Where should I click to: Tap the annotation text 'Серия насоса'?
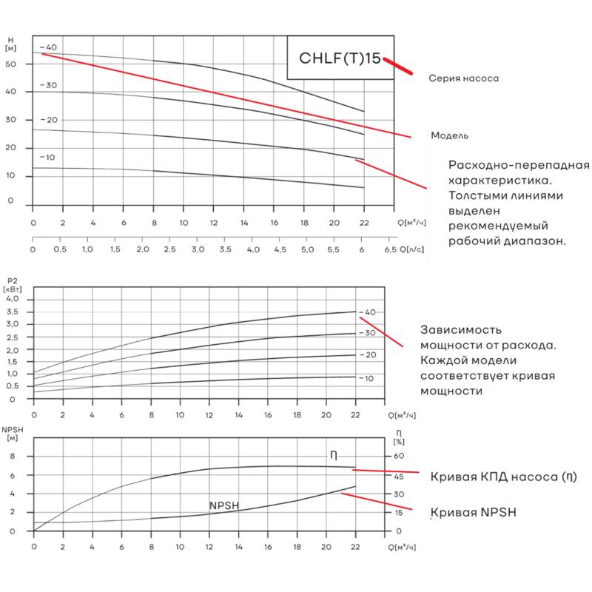pyautogui.click(x=464, y=78)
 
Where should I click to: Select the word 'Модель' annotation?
pyautogui.click(x=449, y=135)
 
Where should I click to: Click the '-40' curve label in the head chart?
pyautogui.click(x=48, y=48)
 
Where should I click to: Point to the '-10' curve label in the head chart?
pyautogui.click(x=47, y=158)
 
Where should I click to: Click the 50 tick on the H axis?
pyautogui.click(x=10, y=64)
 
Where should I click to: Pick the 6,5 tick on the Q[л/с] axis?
pyautogui.click(x=391, y=250)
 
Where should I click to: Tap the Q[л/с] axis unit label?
pyautogui.click(x=412, y=250)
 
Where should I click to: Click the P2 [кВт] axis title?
pyautogui.click(x=13, y=285)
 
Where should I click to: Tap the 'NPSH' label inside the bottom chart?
pyautogui.click(x=223, y=505)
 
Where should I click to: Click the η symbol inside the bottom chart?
pyautogui.click(x=334, y=455)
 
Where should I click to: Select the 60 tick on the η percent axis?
pyautogui.click(x=398, y=457)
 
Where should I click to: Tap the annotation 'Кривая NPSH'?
pyautogui.click(x=473, y=513)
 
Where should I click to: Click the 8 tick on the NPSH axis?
pyautogui.click(x=12, y=457)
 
